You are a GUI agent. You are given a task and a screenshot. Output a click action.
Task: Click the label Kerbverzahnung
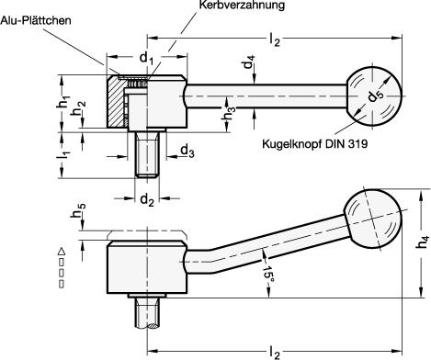click(x=242, y=5)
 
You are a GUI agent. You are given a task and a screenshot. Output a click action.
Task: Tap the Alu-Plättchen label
click(x=36, y=20)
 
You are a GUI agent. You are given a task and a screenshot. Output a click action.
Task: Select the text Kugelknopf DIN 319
click(x=314, y=143)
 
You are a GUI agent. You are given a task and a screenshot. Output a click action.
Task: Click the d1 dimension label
click(x=146, y=58)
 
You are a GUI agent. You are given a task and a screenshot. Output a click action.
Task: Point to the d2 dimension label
click(x=147, y=200)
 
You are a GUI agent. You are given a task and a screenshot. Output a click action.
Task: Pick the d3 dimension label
click(x=187, y=151)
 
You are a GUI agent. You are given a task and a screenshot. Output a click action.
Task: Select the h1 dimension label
click(x=63, y=102)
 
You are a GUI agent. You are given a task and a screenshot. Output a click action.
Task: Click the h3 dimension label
click(x=229, y=114)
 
